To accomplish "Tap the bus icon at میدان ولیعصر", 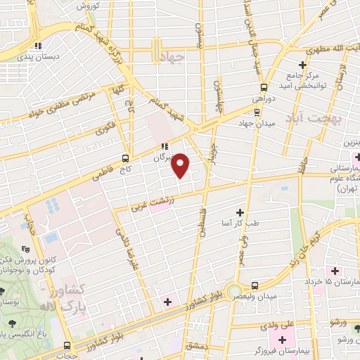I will (x=255, y=285).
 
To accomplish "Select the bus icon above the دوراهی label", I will (x=263, y=87).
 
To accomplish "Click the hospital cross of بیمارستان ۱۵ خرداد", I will (x=335, y=271).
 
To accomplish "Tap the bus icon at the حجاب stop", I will (x=67, y=346).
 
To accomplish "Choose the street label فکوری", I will (x=105, y=129).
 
